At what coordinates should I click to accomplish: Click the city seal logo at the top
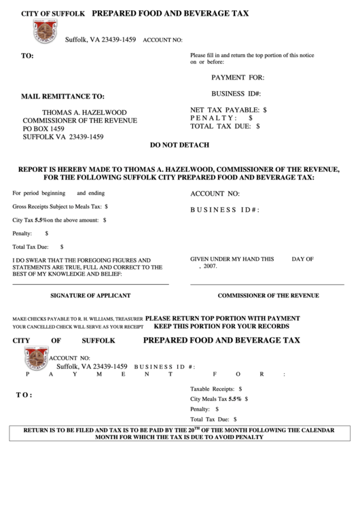[x=46, y=31]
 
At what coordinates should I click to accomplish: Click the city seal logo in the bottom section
[x=36, y=358]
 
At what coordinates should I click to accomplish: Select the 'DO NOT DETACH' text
[x=179, y=145]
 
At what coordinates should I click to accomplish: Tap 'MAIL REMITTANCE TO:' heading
[x=63, y=96]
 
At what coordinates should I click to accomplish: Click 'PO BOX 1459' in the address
[x=43, y=128]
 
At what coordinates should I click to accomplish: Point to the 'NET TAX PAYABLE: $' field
[x=228, y=109]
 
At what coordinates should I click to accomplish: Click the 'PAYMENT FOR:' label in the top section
[x=237, y=77]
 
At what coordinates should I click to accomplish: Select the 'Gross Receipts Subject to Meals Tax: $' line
[x=60, y=206]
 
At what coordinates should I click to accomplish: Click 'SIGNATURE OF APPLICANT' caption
[x=90, y=296]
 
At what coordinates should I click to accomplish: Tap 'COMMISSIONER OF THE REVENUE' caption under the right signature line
[x=268, y=296]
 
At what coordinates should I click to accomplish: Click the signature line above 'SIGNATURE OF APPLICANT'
[x=90, y=284]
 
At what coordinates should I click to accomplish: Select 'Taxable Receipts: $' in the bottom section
[x=216, y=388]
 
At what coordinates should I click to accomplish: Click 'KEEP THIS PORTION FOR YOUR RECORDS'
[x=222, y=326]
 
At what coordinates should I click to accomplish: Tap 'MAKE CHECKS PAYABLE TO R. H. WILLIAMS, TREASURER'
[x=77, y=318]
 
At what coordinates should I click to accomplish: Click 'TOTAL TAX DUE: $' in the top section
[x=225, y=126]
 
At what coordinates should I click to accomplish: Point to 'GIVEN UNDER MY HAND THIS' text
[x=232, y=259]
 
